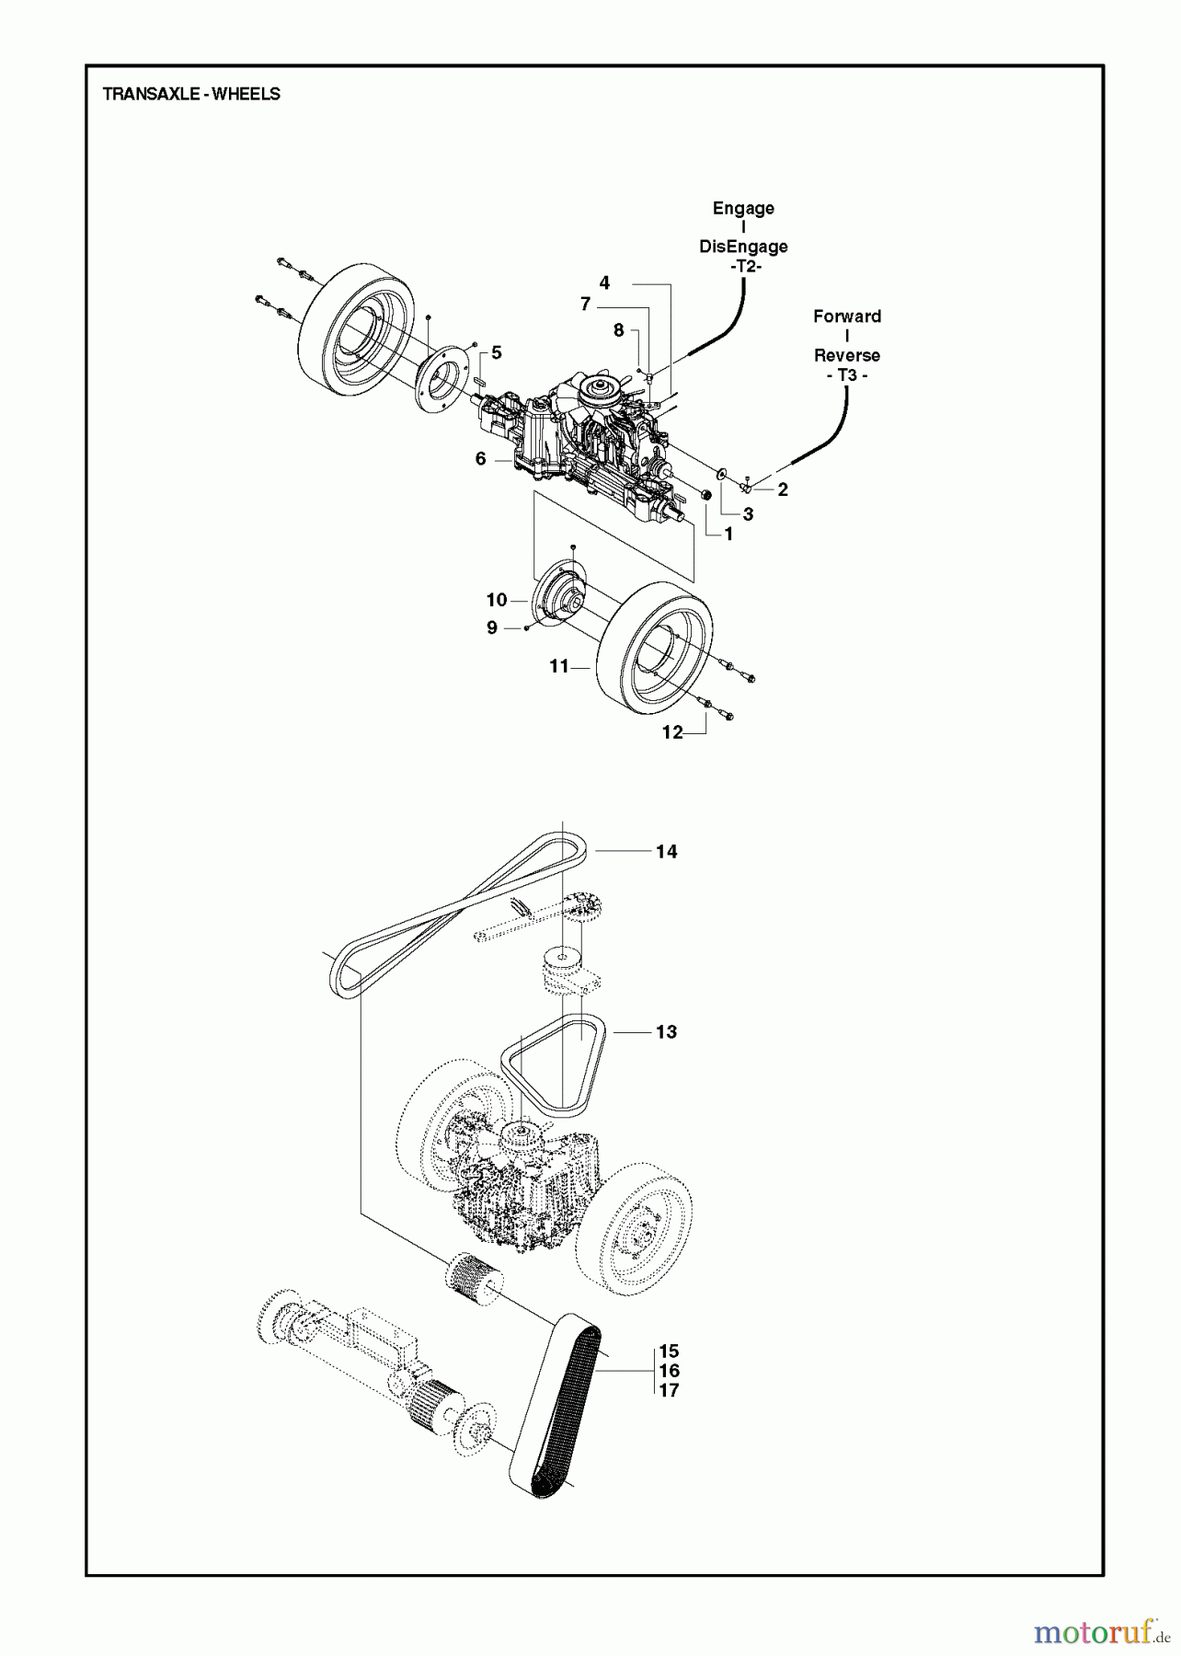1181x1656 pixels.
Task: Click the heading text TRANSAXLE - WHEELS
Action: pos(191,94)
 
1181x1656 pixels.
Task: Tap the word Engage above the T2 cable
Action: pos(743,208)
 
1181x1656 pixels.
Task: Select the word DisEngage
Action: pos(743,247)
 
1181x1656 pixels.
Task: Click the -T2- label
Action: pos(743,266)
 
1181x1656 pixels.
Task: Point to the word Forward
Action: pos(846,316)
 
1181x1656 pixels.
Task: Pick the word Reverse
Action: pos(846,355)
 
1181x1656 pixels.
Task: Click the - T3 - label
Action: pos(846,375)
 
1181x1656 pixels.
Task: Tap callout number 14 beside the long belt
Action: pos(666,852)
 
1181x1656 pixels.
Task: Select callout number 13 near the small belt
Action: pos(666,1032)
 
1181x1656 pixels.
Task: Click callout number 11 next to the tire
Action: pos(559,667)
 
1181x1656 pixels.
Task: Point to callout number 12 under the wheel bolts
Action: pos(673,732)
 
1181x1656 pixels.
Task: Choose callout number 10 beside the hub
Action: pos(497,601)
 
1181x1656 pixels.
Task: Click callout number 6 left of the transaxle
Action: pos(480,458)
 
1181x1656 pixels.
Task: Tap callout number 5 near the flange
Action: pos(497,352)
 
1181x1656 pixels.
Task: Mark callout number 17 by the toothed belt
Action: pos(669,1390)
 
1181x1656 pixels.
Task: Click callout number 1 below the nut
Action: pos(728,534)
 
